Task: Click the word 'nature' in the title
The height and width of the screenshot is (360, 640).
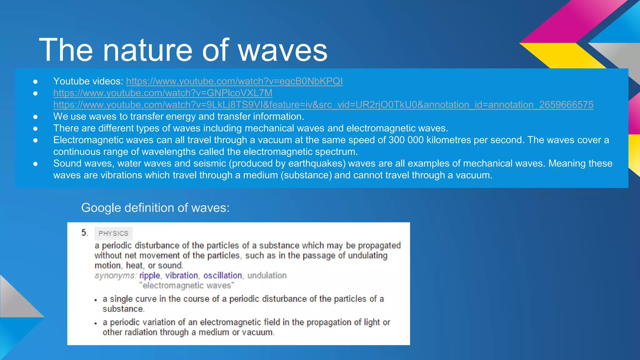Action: click(147, 50)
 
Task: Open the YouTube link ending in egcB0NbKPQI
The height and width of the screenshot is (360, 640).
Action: click(234, 81)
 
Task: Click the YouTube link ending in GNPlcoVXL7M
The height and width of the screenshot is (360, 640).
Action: click(163, 93)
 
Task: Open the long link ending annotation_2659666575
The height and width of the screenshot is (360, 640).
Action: click(323, 105)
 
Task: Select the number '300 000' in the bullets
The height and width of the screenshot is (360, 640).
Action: click(406, 140)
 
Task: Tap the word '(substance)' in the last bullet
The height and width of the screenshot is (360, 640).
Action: click(306, 175)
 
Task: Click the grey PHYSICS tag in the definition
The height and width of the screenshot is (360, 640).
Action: click(113, 233)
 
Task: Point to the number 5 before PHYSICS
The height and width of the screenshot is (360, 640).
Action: click(84, 233)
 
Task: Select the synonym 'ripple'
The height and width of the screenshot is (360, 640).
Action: click(149, 276)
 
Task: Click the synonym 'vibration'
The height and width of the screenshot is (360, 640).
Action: click(182, 276)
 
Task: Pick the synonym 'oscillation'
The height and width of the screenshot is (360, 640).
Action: click(222, 276)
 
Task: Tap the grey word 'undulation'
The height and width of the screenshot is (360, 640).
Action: click(267, 276)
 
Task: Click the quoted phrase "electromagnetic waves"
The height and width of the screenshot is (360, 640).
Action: click(187, 286)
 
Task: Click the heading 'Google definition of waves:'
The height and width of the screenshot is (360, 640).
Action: click(155, 208)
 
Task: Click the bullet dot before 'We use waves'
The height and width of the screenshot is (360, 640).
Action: click(35, 117)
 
